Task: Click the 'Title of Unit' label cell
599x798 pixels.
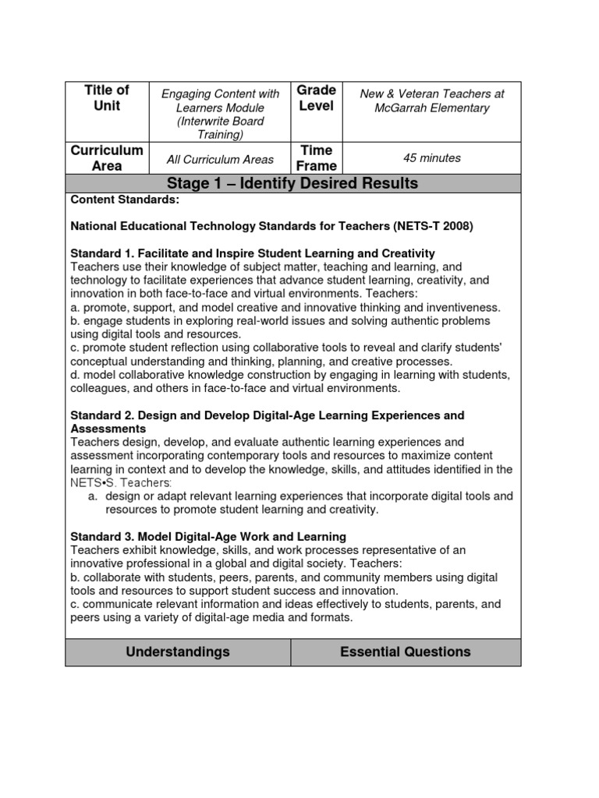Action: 107,97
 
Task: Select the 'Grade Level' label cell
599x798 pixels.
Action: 317,97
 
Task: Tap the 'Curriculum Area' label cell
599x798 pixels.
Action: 107,157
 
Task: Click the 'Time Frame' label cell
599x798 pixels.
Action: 317,157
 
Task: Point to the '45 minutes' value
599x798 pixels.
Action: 431,158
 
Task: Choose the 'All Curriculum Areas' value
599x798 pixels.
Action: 220,160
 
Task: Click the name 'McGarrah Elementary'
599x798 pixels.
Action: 432,108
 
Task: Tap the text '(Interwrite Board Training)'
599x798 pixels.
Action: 220,128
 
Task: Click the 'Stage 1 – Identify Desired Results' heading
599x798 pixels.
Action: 292,184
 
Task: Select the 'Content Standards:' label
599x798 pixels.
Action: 125,199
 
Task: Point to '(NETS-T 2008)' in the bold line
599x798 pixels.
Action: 434,227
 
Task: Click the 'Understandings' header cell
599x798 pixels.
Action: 178,651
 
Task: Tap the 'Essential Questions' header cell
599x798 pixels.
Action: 405,651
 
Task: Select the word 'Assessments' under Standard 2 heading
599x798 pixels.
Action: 108,429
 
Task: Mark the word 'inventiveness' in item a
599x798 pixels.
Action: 461,307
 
